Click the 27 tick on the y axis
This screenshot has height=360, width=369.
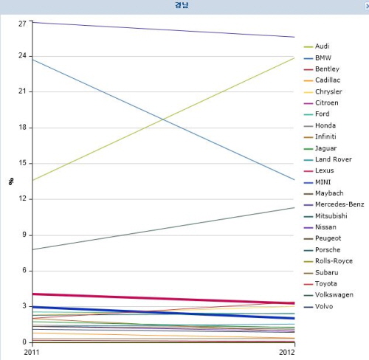point(22,24)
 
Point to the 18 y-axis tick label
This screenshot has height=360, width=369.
point(22,128)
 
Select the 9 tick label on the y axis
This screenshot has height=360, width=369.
point(24,235)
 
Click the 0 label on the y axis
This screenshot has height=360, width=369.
point(24,342)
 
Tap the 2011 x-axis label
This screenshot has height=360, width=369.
point(32,353)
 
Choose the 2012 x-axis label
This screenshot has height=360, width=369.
point(287,353)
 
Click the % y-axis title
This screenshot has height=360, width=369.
point(11,181)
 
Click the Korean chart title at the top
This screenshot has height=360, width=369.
point(182,5)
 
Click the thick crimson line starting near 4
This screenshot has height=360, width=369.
point(164,299)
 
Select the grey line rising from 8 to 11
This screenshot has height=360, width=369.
point(164,229)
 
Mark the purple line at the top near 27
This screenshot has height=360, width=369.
point(164,30)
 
